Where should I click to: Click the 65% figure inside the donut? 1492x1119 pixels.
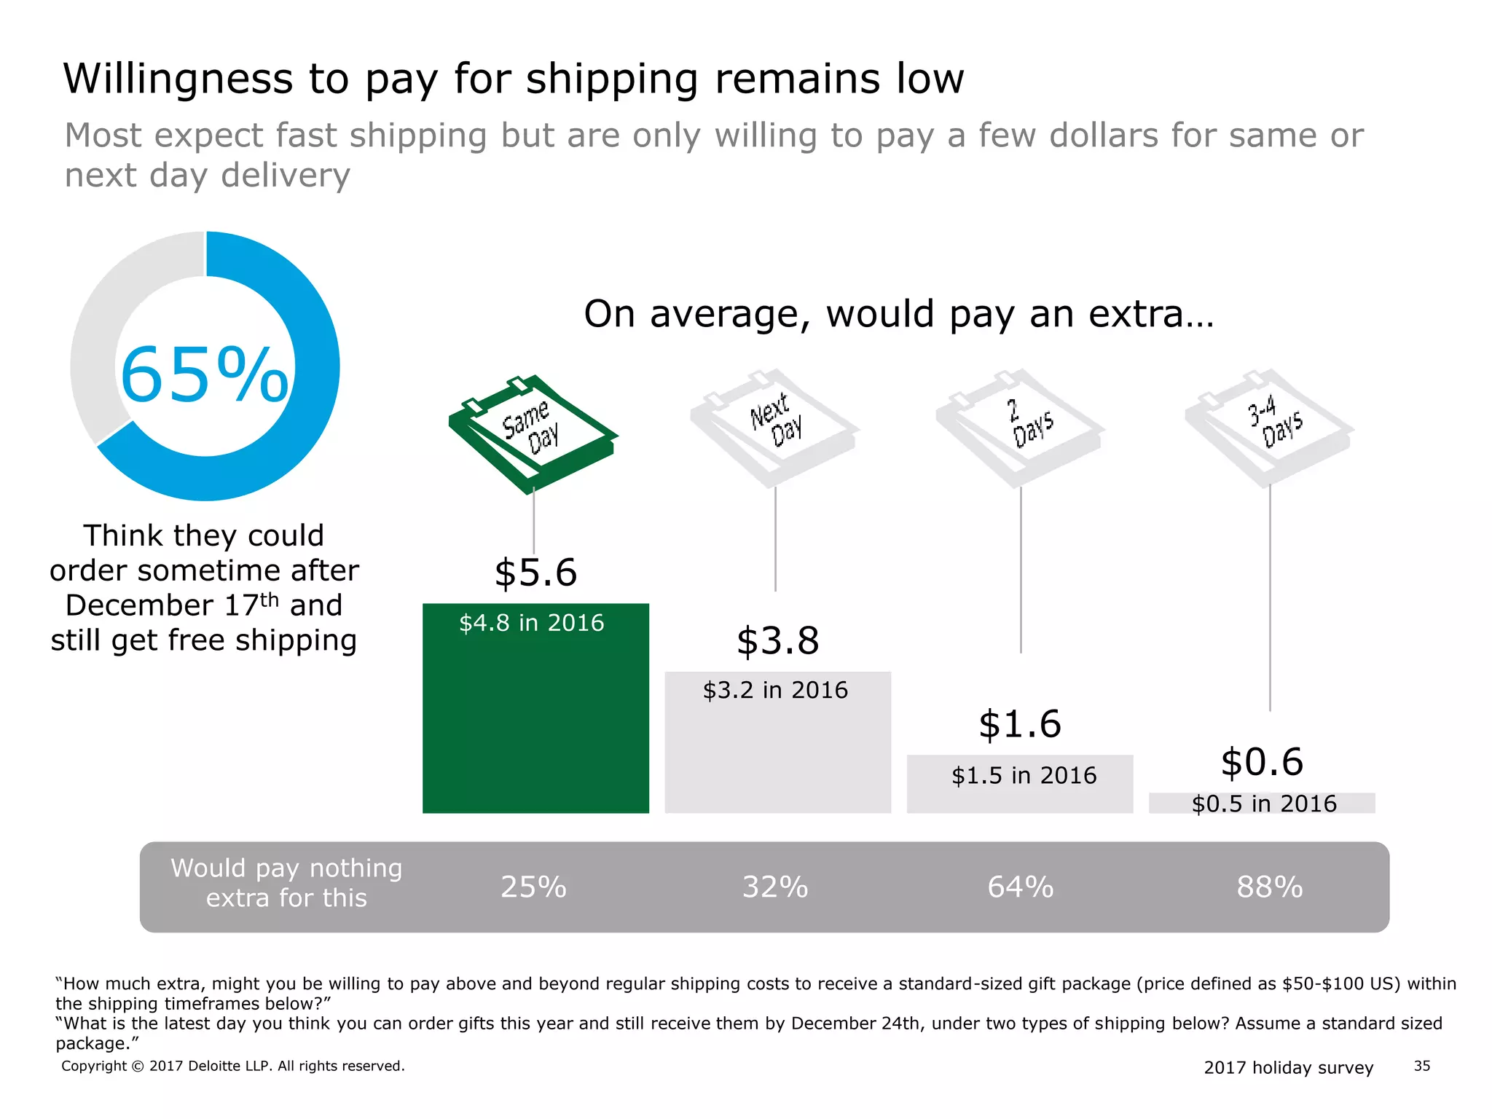coord(205,375)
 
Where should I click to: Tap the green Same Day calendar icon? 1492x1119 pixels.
coord(533,433)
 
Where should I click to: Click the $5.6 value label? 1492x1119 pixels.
coord(535,573)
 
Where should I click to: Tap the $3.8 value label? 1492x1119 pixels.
coord(777,641)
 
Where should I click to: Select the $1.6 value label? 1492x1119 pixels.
coord(1020,724)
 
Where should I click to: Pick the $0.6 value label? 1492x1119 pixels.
coord(1262,762)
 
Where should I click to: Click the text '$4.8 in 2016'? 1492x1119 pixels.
coord(532,623)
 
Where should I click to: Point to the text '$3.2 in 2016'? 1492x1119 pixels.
coord(775,690)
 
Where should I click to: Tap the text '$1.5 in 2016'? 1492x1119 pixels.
coord(1024,775)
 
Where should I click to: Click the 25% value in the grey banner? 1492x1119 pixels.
coord(533,887)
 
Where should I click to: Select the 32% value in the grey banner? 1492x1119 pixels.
coord(775,887)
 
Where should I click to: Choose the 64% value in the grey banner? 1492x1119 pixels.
coord(1020,887)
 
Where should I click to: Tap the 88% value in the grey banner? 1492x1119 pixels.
coord(1269,887)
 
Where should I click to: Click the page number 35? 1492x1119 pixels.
coord(1422,1066)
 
